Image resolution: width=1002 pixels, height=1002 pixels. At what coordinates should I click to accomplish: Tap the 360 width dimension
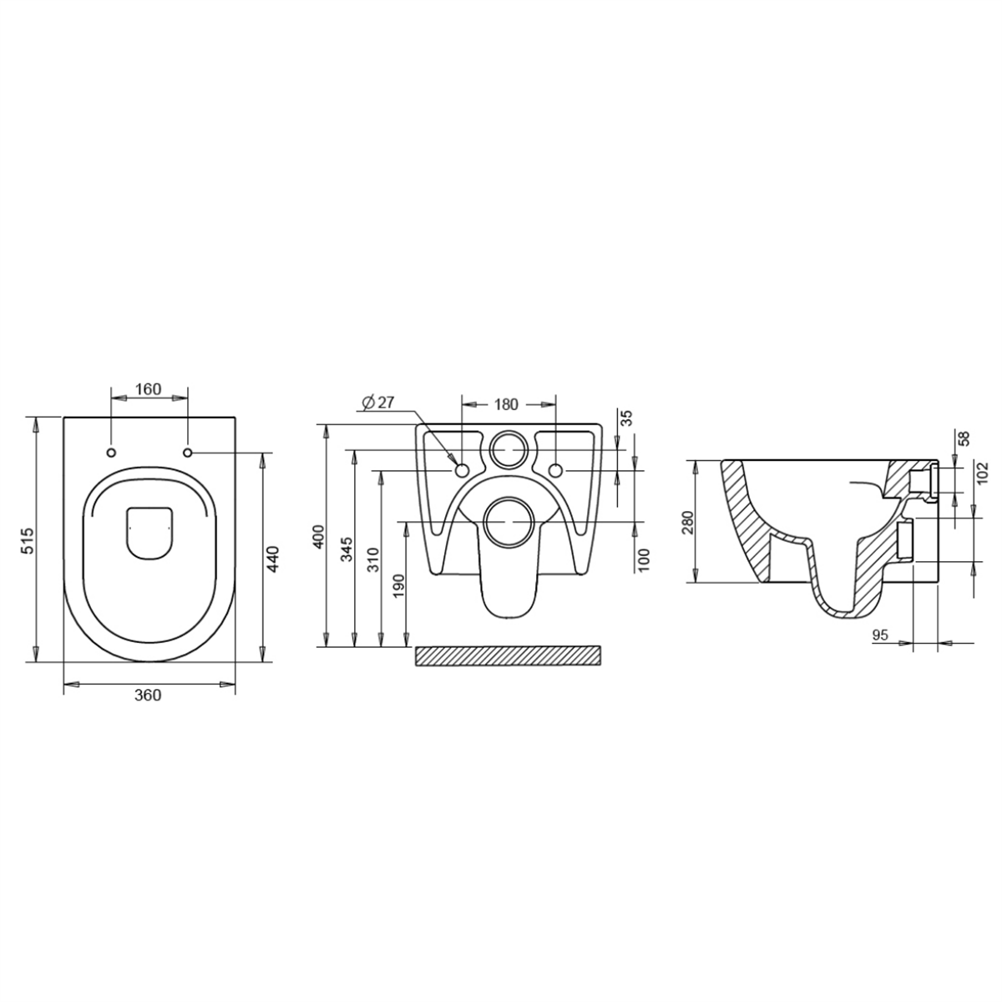coord(148,696)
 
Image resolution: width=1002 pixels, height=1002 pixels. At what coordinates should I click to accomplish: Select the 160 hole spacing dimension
coord(149,389)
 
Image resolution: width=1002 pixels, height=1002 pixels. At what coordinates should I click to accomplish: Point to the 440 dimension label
coord(273,559)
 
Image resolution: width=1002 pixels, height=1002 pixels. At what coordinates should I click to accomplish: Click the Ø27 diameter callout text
coord(378,402)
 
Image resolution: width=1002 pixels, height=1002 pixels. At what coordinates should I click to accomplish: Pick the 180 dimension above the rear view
coord(506,404)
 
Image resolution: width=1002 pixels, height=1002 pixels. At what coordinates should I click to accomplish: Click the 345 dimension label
coord(347,549)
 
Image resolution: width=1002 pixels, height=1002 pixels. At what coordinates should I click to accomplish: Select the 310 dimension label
coord(373,559)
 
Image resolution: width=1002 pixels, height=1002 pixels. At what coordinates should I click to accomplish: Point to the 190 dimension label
coord(399,586)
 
